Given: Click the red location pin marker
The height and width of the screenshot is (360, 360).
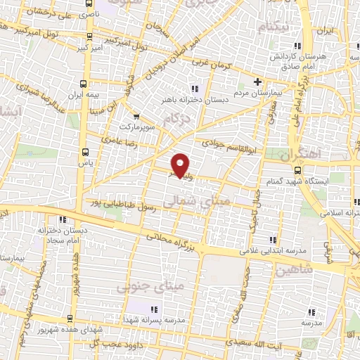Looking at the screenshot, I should tap(181, 165).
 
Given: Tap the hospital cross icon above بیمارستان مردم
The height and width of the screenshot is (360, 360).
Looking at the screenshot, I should tap(257, 82).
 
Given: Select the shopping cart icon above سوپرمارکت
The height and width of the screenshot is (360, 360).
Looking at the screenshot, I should tap(135, 117).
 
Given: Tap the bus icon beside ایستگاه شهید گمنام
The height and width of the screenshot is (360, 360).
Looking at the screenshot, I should tap(298, 171).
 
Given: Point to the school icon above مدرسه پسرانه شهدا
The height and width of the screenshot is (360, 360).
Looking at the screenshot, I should tap(153, 310).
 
